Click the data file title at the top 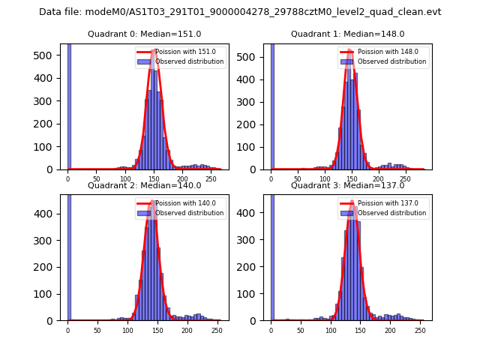(240, 12)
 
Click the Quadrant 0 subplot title (144, 34)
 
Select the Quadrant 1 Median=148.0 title (347, 34)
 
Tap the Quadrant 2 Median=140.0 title (144, 185)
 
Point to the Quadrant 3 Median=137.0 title (347, 185)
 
